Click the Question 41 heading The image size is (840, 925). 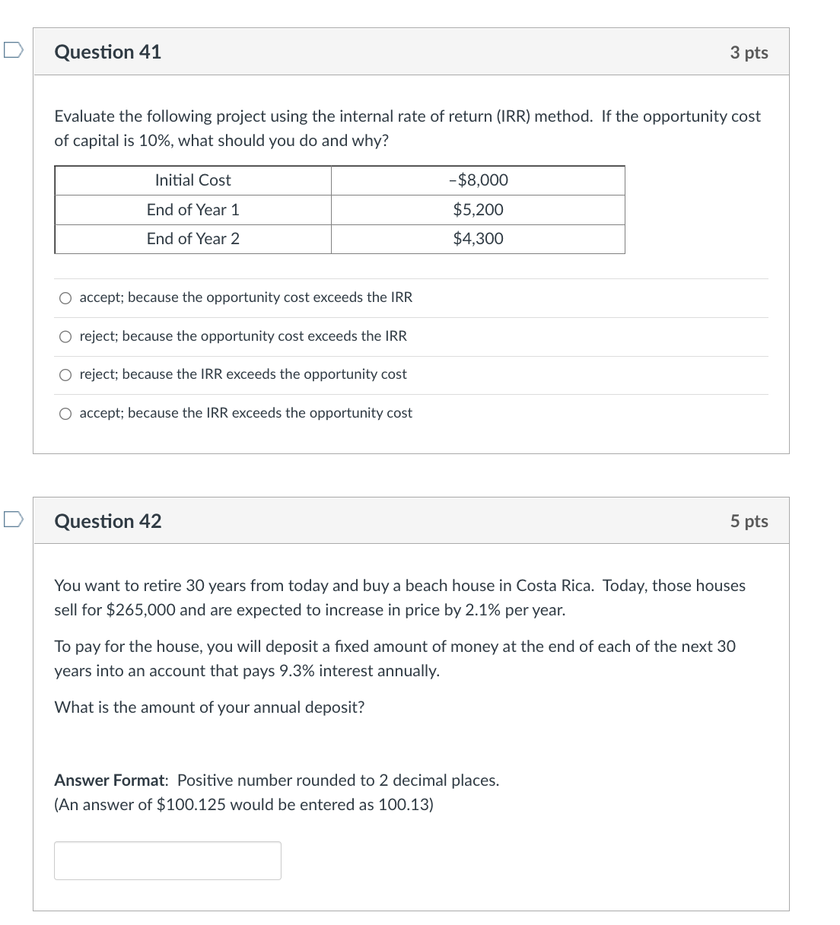tap(108, 52)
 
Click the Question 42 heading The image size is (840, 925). tap(108, 521)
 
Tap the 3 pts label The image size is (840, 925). tap(749, 52)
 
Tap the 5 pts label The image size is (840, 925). tap(749, 521)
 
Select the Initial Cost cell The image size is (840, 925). tap(192, 180)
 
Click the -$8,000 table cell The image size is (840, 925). tap(478, 180)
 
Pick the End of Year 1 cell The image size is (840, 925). tap(192, 210)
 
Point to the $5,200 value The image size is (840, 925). tap(478, 210)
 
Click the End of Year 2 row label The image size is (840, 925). tap(192, 239)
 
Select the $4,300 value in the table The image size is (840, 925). tap(478, 239)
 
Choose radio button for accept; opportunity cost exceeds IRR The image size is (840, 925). tap(66, 298)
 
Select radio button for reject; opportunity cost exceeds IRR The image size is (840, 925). tap(66, 336)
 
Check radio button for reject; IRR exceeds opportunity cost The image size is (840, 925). tap(66, 374)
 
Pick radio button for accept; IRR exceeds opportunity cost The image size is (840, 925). tap(66, 413)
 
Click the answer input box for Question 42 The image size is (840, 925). tap(167, 860)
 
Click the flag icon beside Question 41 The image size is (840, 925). tap(13, 51)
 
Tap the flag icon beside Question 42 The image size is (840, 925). tap(13, 520)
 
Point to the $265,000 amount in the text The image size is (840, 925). tap(141, 610)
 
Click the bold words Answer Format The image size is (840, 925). tap(110, 780)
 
